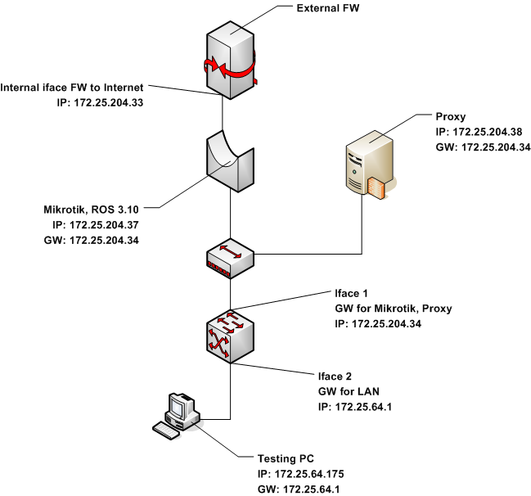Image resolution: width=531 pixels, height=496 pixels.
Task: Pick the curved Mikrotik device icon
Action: coord(231,162)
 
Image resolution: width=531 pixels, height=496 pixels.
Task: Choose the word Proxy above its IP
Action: coord(452,115)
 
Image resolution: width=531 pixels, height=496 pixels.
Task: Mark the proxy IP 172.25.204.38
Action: coord(479,131)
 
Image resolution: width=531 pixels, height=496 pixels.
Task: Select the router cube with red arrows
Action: coord(230,332)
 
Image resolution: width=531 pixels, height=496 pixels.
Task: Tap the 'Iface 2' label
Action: coord(335,377)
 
